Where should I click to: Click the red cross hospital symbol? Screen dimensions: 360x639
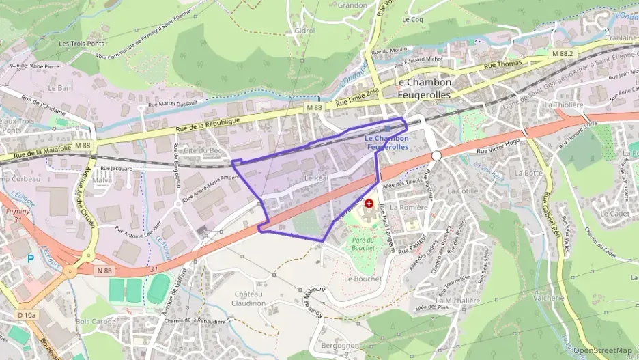coord(369,204)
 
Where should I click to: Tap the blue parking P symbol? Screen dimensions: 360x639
coord(29,259)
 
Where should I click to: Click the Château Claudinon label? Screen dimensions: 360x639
coord(248,299)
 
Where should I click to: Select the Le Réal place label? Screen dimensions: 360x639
coord(316,178)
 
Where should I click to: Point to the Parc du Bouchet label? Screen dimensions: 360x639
coord(363,244)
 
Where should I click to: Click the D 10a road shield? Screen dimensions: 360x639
coord(27,315)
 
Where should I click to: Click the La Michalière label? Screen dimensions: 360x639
coord(458,300)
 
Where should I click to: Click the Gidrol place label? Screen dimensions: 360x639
coord(304,31)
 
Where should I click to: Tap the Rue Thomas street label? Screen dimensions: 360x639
coord(502,64)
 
